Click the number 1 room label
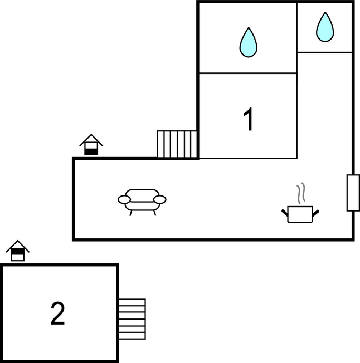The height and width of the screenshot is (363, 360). coord(248,119)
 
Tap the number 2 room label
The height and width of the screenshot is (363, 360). coord(57,313)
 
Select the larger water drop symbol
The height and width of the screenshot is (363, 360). coord(249,42)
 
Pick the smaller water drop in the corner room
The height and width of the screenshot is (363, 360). coord(325,27)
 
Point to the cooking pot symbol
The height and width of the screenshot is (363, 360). coord(300,214)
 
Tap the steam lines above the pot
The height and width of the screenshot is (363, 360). coord(301,193)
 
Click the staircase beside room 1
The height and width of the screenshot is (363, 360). coord(177,144)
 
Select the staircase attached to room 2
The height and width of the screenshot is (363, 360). coord(132,319)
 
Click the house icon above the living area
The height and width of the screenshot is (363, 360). coord(91,144)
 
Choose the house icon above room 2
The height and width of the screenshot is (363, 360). coord(18,251)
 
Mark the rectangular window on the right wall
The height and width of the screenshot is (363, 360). coord(353,193)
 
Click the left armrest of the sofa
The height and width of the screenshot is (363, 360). coord(124,199)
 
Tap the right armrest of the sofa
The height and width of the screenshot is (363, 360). coord(160,199)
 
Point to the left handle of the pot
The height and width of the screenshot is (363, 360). coord(285,213)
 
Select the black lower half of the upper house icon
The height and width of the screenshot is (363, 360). coord(91,152)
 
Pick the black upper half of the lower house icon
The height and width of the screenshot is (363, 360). coord(18,251)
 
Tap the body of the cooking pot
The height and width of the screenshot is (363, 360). coord(300,214)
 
